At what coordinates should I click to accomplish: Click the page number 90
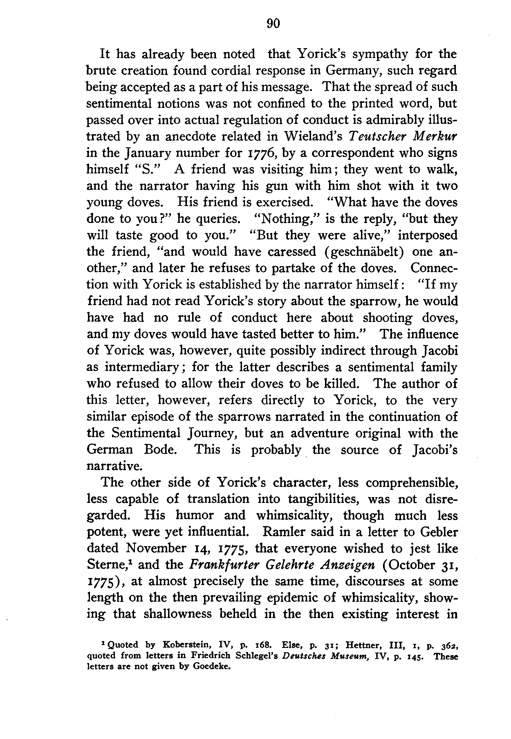pyautogui.click(x=273, y=23)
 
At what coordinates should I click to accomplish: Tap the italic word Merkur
pyautogui.click(x=437, y=136)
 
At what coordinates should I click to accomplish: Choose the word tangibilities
pyautogui.click(x=324, y=499)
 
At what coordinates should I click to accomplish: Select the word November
pyautogui.click(x=156, y=548)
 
